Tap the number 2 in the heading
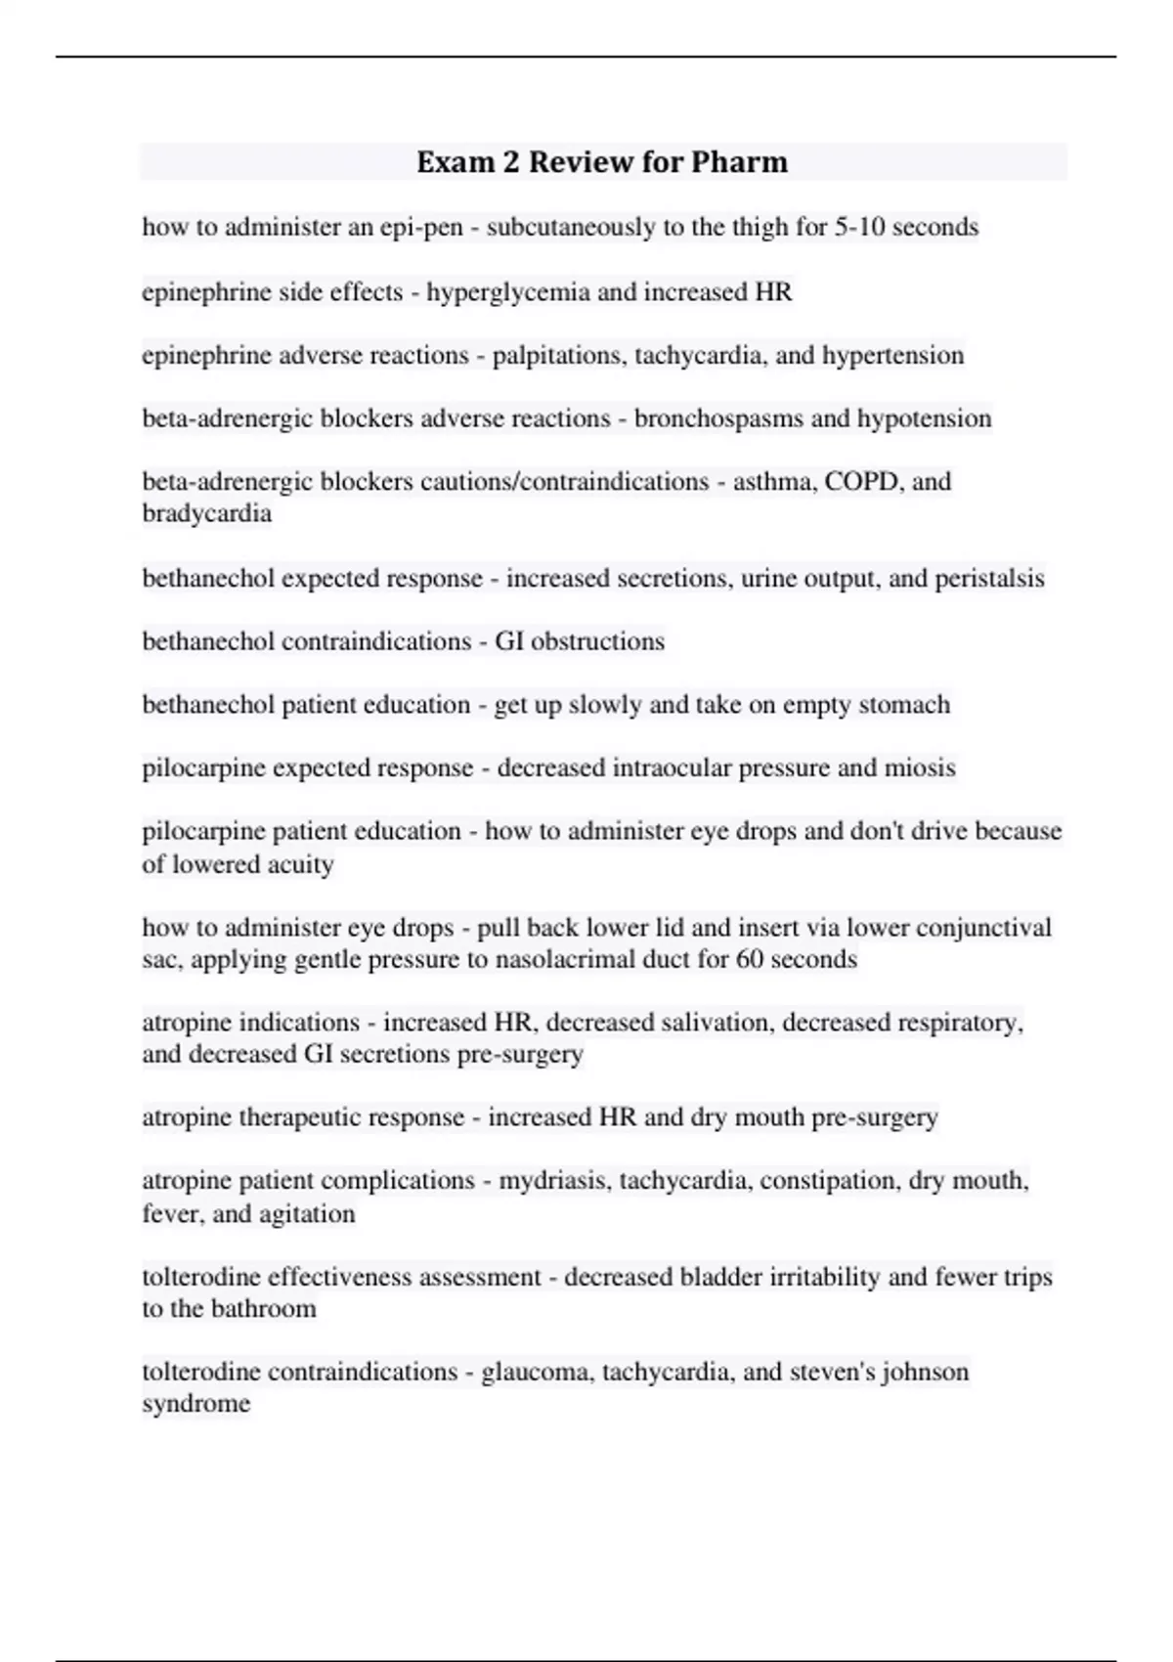511,161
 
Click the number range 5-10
860,227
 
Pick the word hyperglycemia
508,291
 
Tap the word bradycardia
206,513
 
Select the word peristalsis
989,578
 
